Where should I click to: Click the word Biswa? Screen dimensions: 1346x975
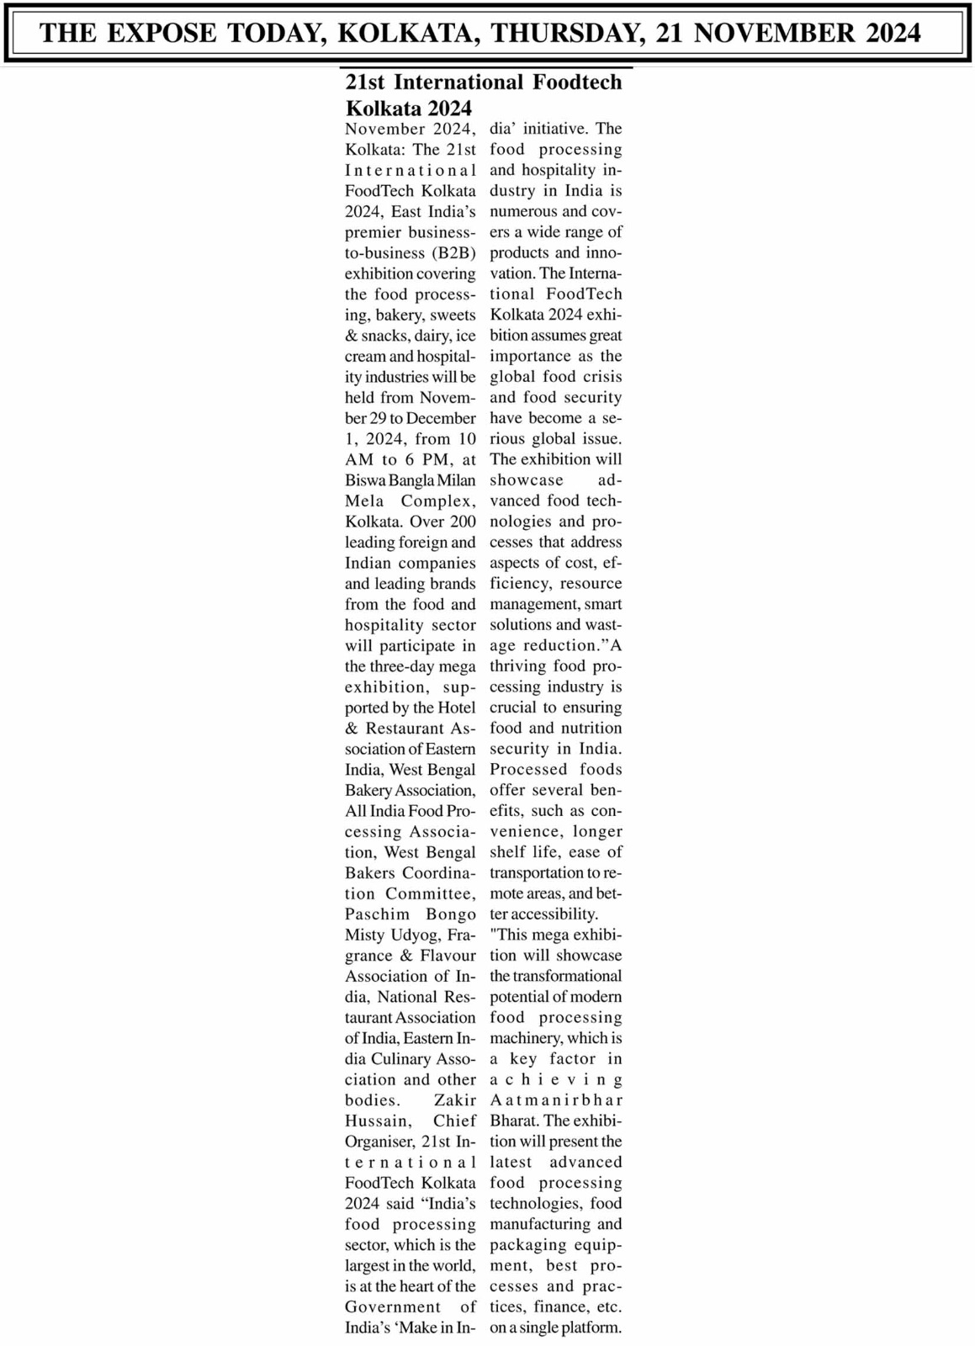coord(364,480)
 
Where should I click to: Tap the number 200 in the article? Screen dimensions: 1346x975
coord(463,522)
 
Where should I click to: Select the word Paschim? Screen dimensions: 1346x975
coord(377,914)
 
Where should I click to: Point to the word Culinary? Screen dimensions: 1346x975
coord(405,1059)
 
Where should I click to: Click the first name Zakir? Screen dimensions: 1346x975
coord(455,1100)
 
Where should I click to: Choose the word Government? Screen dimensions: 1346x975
coord(392,1307)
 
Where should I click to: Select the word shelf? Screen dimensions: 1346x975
coord(507,852)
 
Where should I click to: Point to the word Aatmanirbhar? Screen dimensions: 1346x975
coord(556,1100)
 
